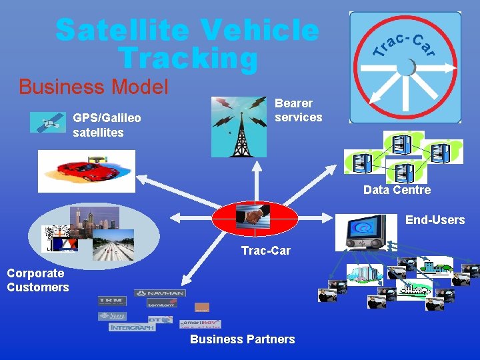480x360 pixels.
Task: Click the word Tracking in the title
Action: [x=187, y=58]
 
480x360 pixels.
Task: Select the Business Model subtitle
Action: [x=94, y=87]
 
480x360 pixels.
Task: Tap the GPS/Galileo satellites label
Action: [x=107, y=125]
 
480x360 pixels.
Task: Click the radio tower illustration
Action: [x=238, y=127]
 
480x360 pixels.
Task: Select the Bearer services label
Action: [x=298, y=110]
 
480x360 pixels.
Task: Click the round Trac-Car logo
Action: [x=405, y=67]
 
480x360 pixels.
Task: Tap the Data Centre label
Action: [x=397, y=190]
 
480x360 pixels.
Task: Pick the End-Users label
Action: [x=435, y=220]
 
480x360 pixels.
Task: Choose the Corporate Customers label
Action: [x=37, y=280]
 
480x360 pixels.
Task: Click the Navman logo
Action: [x=160, y=293]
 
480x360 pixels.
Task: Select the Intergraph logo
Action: [x=131, y=327]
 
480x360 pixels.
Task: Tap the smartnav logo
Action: [x=199, y=323]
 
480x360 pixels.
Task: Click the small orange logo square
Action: [x=201, y=307]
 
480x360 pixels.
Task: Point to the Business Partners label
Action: [x=242, y=339]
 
